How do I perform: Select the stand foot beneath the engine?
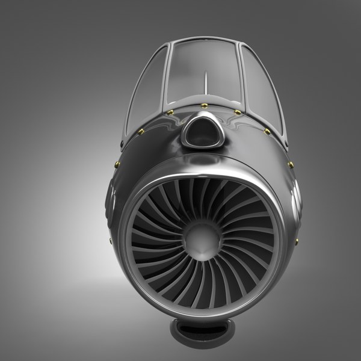point(201,329)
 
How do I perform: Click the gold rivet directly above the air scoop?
point(205,106)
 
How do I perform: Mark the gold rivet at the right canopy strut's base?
point(238,113)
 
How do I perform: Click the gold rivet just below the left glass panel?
point(141,131)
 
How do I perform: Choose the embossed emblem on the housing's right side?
point(295,199)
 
